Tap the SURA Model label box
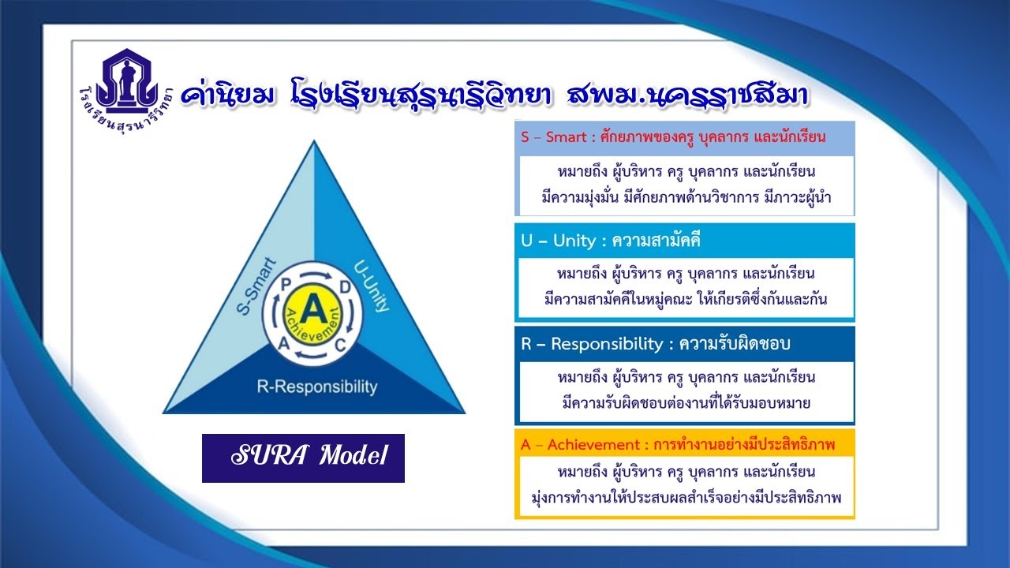click(303, 458)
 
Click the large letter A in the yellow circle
click(314, 309)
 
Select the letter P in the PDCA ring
click(286, 285)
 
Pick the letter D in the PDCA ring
click(345, 287)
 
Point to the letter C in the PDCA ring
click(340, 346)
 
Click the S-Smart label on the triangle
click(256, 286)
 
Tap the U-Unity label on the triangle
click(371, 286)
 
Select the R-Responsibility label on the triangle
click(317, 387)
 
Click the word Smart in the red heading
click(566, 136)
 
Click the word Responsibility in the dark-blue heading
click(607, 344)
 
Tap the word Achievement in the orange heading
click(593, 445)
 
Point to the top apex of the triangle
click(314, 140)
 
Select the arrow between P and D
click(316, 275)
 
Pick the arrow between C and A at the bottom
click(312, 356)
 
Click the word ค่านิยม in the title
click(227, 95)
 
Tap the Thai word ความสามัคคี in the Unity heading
click(656, 241)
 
